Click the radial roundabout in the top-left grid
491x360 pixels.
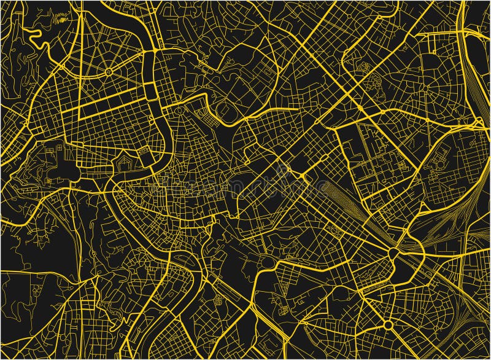(109, 72)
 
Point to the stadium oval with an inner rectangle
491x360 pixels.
(227, 111)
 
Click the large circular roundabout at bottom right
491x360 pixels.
(388, 324)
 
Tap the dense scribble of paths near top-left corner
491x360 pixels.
(61, 18)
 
